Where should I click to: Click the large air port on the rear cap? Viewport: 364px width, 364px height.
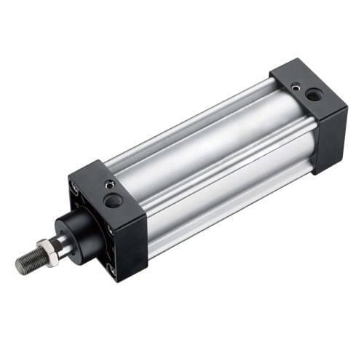click(314, 94)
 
